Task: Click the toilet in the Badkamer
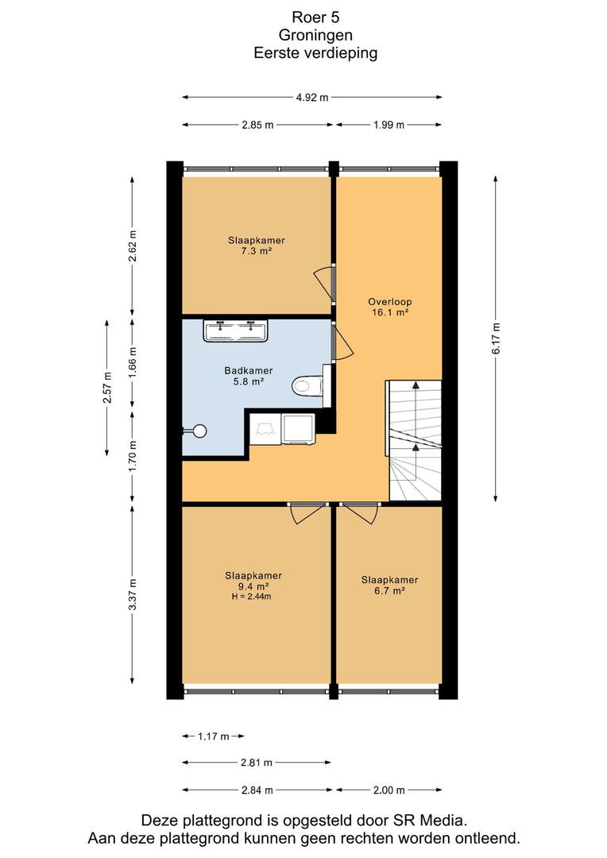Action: point(307,386)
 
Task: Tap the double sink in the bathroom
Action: point(235,331)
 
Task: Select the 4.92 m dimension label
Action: point(312,98)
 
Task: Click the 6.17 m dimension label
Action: point(496,338)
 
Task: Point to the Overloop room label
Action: point(390,302)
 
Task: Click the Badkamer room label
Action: point(249,370)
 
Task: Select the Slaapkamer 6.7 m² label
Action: point(390,586)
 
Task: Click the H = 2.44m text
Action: point(251,597)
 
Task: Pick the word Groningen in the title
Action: point(316,35)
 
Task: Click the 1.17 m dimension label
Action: point(214,736)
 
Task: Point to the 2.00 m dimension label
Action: point(389,790)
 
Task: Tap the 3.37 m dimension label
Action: point(132,594)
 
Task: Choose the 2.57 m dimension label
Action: point(107,388)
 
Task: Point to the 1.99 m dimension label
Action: point(389,126)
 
